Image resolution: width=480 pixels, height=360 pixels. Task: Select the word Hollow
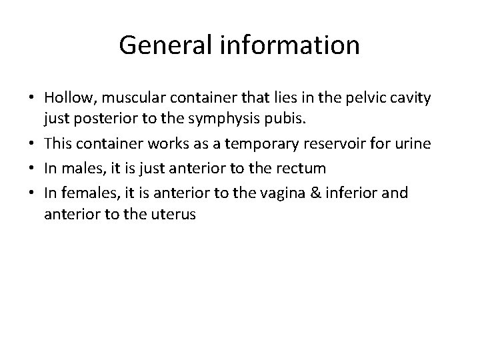pyautogui.click(x=68, y=98)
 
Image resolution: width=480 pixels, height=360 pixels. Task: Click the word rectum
pyautogui.click(x=303, y=169)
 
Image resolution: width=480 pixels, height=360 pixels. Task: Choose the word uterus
pyautogui.click(x=173, y=215)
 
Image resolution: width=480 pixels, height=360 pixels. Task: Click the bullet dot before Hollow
pyautogui.click(x=31, y=99)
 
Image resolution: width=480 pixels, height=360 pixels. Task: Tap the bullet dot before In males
pyautogui.click(x=31, y=169)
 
